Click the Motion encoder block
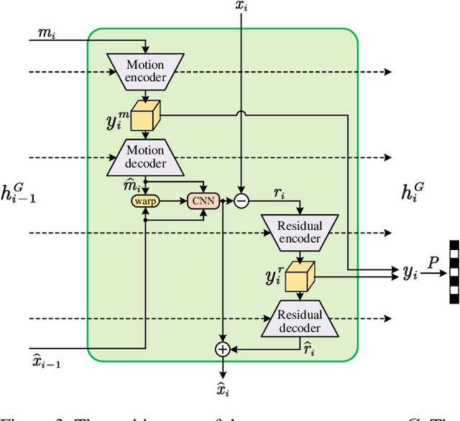coord(146,71)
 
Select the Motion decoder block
coord(146,157)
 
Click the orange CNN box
coord(202,201)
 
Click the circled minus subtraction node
coord(241,201)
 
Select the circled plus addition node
coord(222,349)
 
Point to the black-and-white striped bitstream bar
coord(454,272)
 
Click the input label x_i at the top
coord(241,7)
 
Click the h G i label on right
coord(412,190)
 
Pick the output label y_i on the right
coord(410,273)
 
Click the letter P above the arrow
coord(431,262)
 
